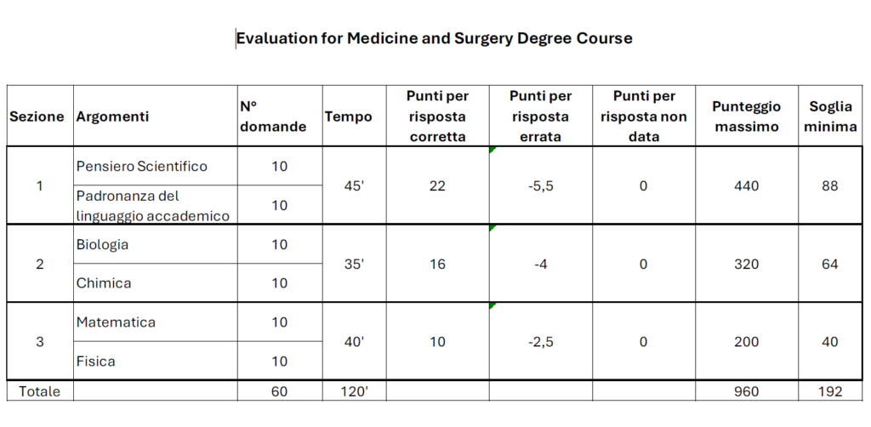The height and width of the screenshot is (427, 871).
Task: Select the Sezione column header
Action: [37, 117]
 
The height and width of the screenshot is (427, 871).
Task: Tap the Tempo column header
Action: [349, 117]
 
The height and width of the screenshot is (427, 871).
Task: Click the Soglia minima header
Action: [831, 117]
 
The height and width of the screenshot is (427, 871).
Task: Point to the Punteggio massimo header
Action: [746, 117]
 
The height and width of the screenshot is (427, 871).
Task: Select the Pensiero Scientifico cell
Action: [141, 166]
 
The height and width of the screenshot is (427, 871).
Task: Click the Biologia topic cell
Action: [102, 245]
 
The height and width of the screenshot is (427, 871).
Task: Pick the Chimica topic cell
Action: [104, 283]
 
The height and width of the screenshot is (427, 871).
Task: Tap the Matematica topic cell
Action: [116, 323]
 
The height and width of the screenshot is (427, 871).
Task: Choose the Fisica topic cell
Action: [95, 362]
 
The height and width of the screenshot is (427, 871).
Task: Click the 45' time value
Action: [355, 186]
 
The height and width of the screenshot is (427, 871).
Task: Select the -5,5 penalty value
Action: [540, 186]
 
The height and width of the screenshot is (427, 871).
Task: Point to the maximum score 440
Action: [746, 186]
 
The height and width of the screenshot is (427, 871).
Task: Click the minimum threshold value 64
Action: [831, 265]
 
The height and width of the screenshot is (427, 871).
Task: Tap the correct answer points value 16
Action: [437, 265]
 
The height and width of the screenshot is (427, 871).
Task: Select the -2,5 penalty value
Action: [540, 342]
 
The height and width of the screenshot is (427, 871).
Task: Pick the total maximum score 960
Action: [746, 392]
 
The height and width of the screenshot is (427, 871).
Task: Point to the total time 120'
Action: [355, 392]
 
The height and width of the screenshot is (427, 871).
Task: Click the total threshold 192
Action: [831, 392]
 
